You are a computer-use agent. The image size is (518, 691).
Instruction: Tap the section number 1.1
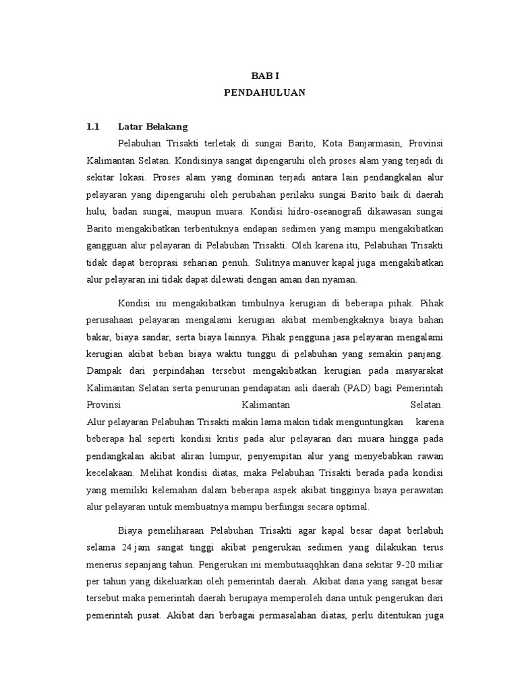pyautogui.click(x=93, y=126)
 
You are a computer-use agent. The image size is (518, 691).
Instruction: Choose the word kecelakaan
pyautogui.click(x=109, y=473)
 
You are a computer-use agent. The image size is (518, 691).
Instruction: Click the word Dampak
pyautogui.click(x=103, y=370)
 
